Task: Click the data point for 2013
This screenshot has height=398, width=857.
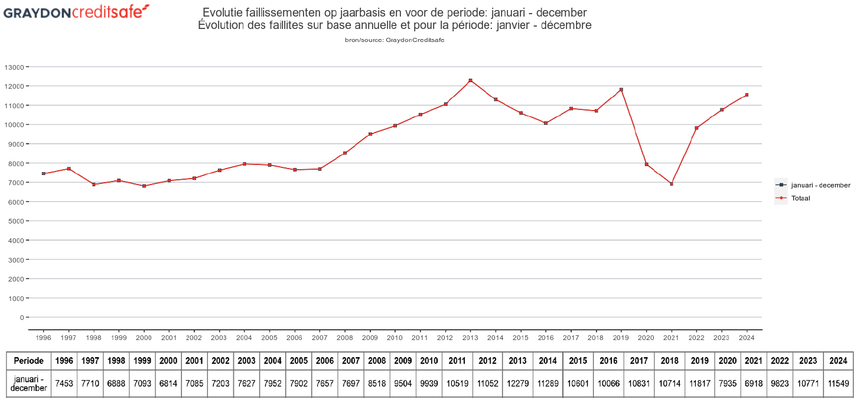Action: point(470,80)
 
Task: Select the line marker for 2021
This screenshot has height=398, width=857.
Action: point(672,184)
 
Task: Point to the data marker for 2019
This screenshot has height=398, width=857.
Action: point(621,90)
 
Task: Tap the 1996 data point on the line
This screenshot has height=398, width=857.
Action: point(44,173)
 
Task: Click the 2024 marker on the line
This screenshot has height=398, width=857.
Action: point(747,95)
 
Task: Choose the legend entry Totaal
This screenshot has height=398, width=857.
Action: point(800,198)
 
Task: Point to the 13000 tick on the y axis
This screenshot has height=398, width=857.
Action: point(14,67)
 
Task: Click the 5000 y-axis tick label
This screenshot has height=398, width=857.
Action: point(15,221)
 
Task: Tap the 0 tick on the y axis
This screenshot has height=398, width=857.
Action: point(21,318)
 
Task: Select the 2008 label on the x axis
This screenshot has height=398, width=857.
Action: point(345,338)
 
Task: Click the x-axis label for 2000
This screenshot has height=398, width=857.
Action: point(144,338)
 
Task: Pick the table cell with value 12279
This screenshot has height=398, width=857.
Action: point(517,383)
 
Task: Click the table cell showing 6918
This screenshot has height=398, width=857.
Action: point(754,383)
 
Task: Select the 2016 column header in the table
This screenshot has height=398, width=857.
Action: point(608,361)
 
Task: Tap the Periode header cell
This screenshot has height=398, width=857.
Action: point(29,361)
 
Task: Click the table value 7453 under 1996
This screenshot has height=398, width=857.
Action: point(64,383)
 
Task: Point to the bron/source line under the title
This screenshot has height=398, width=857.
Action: point(395,40)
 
